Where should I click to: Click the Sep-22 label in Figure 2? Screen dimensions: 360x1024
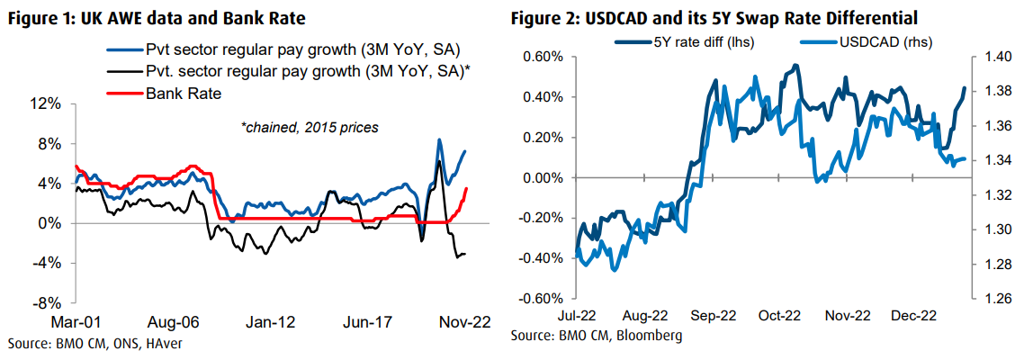tap(713, 317)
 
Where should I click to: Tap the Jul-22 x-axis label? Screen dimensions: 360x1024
tap(576, 317)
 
